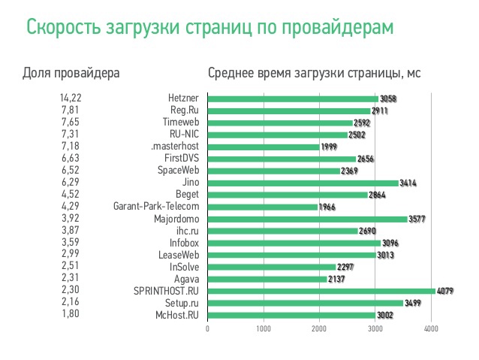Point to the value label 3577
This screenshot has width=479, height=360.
tap(418, 219)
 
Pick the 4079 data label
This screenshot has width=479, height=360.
tap(446, 291)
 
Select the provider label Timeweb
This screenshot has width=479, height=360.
tap(180, 123)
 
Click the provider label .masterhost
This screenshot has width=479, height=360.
tap(174, 147)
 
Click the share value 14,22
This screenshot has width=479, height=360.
tap(70, 98)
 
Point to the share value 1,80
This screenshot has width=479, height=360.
tap(71, 315)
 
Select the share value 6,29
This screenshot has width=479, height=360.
tap(71, 183)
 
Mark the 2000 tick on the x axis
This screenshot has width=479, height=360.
tap(318, 329)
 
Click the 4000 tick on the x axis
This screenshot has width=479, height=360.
tap(430, 329)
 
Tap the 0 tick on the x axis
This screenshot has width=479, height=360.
tap(207, 329)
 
